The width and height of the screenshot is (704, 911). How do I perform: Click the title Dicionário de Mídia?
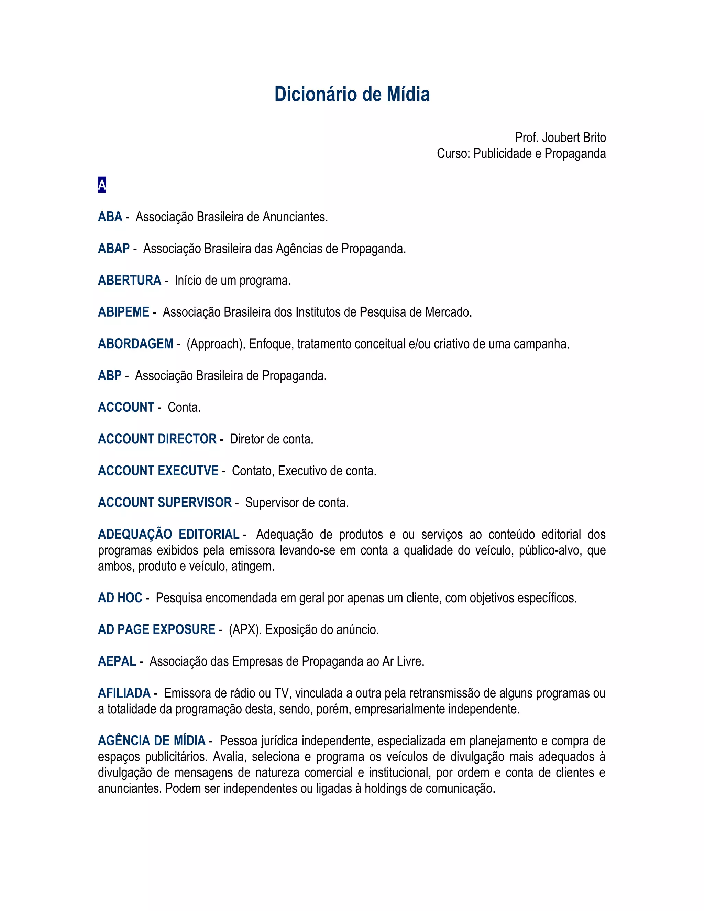(352, 94)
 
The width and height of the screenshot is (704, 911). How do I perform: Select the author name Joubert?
(560, 138)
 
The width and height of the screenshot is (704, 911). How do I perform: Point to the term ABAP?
(114, 249)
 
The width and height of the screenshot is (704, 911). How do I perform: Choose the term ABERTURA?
(129, 280)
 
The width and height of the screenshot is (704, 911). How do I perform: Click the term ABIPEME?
(123, 312)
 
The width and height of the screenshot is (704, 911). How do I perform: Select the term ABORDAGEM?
(135, 344)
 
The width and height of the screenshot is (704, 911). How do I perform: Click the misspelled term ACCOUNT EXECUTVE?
(158, 471)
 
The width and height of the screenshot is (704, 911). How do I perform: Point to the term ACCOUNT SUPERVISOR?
(165, 502)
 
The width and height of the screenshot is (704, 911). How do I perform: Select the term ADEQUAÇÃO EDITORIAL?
(168, 534)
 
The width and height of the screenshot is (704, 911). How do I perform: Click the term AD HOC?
(120, 598)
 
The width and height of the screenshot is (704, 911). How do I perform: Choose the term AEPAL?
(117, 661)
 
